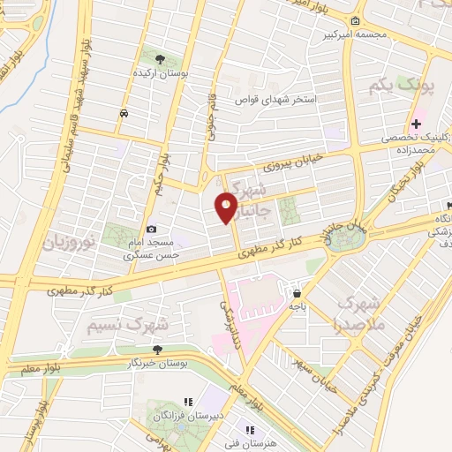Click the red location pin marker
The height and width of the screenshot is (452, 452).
[x=227, y=207]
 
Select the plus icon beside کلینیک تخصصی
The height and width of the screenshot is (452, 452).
[x=416, y=124]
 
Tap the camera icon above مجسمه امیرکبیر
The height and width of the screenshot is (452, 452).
[x=354, y=21]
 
